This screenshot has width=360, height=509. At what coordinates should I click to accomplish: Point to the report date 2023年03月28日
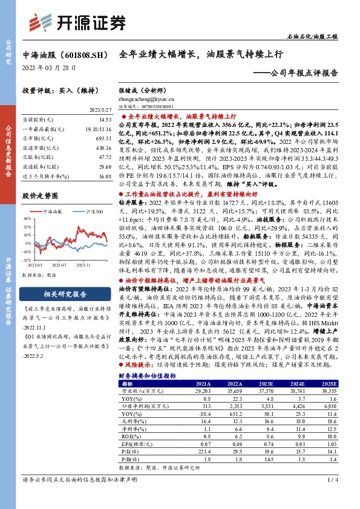[49, 68]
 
